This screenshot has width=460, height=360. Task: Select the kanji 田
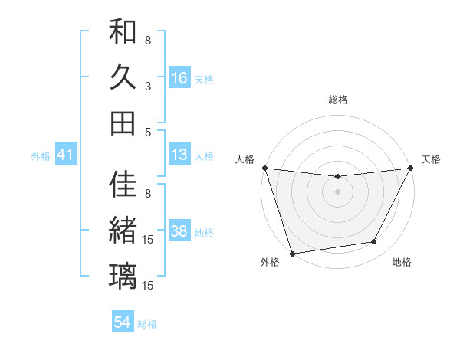[123, 123]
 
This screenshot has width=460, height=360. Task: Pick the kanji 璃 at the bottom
[123, 277]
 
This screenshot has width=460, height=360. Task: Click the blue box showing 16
[179, 77]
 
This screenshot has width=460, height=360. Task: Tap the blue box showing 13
[179, 155]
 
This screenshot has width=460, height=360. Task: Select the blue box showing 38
[179, 231]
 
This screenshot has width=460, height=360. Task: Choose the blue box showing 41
[65, 155]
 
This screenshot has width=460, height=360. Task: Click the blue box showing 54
[123, 322]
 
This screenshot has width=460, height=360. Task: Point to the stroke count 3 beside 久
[148, 86]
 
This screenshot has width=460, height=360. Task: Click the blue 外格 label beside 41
[41, 156]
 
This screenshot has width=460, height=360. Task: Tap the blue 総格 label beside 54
[147, 324]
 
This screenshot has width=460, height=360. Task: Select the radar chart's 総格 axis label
[337, 100]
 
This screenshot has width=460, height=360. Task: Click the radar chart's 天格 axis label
[431, 159]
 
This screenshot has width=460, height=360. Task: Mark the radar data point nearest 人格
[264, 168]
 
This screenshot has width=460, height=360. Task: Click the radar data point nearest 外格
[292, 253]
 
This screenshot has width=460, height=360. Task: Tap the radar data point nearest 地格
[374, 242]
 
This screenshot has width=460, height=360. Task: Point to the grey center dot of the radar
[337, 191]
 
